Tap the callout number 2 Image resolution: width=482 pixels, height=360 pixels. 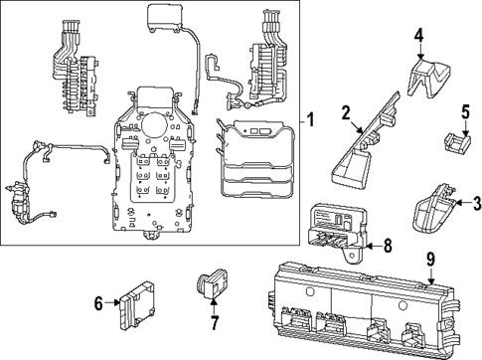click(346, 112)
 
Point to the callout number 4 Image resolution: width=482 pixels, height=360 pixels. click(418, 37)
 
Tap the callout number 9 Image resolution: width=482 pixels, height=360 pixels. click(430, 261)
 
